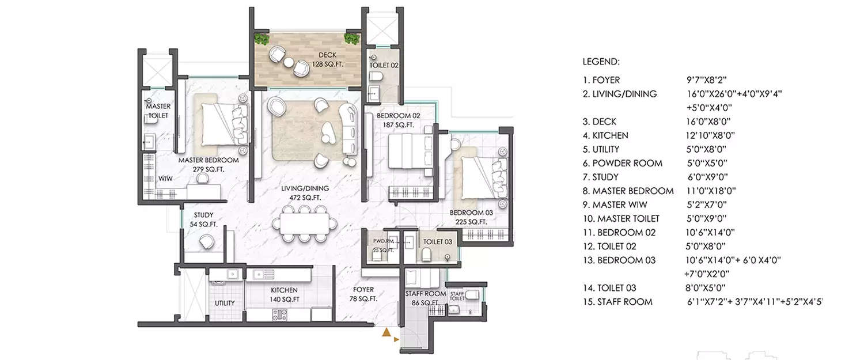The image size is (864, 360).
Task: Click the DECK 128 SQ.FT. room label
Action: tap(327, 60)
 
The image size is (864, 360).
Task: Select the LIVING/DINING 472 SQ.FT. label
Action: tap(305, 193)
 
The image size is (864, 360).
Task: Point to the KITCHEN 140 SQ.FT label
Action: tap(284, 295)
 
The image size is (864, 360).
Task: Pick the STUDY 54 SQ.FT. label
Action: tap(203, 219)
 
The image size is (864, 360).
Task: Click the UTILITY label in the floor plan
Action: tap(224, 303)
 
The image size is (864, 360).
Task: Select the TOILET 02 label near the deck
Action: tap(384, 66)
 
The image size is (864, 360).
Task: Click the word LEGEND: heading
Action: tap(601, 61)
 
